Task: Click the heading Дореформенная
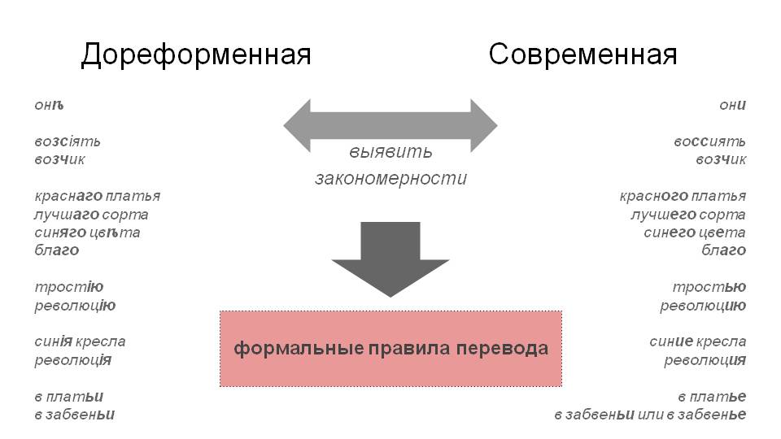[196, 54]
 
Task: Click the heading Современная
[582, 54]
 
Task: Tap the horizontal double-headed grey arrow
[390, 126]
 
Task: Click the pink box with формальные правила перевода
[391, 349]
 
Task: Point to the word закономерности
[390, 179]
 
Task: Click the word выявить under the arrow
[390, 152]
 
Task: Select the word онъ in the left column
[49, 105]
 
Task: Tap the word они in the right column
[732, 105]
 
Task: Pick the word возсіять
[68, 141]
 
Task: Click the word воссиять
[709, 141]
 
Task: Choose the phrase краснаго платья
[98, 196]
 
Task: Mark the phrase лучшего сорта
[688, 215]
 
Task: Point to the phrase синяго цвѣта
[88, 233]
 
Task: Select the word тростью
[709, 287]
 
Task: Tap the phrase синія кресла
[80, 341]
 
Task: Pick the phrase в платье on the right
[712, 397]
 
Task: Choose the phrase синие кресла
[698, 341]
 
